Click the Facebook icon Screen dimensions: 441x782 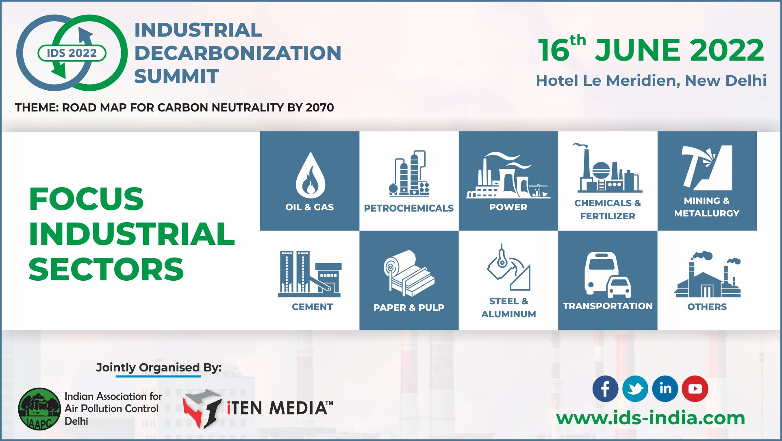point(605,389)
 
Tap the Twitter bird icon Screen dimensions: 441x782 point(635,389)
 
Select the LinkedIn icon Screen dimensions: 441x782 point(665,389)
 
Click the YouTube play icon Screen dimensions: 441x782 point(695,389)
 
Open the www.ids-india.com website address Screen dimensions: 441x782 point(650,418)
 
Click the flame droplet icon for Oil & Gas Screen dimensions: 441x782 point(310,176)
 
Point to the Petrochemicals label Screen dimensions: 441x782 point(408,208)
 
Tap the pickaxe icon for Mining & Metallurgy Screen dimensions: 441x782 point(706,168)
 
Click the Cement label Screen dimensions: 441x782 point(312,307)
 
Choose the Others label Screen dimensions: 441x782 point(707,307)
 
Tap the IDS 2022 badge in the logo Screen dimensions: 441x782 point(72,53)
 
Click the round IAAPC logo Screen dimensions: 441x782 point(39,409)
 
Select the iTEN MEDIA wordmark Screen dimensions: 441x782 point(279,408)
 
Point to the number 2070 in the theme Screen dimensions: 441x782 point(319,107)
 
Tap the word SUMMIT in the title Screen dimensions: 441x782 point(176,76)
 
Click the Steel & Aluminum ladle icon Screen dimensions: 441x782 point(508,269)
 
